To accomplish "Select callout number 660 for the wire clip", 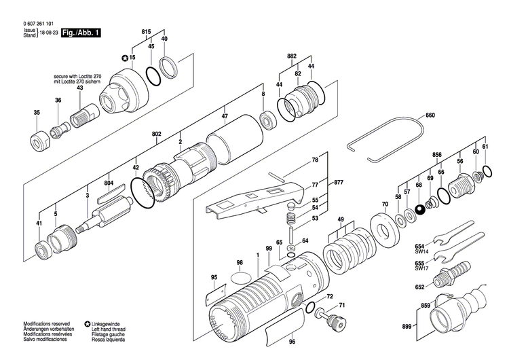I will pos(430,115).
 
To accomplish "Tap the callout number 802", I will pos(157,135).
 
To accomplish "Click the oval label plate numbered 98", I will pos(239,277).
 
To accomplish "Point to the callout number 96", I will pos(292,341).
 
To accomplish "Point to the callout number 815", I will pos(146,33).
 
